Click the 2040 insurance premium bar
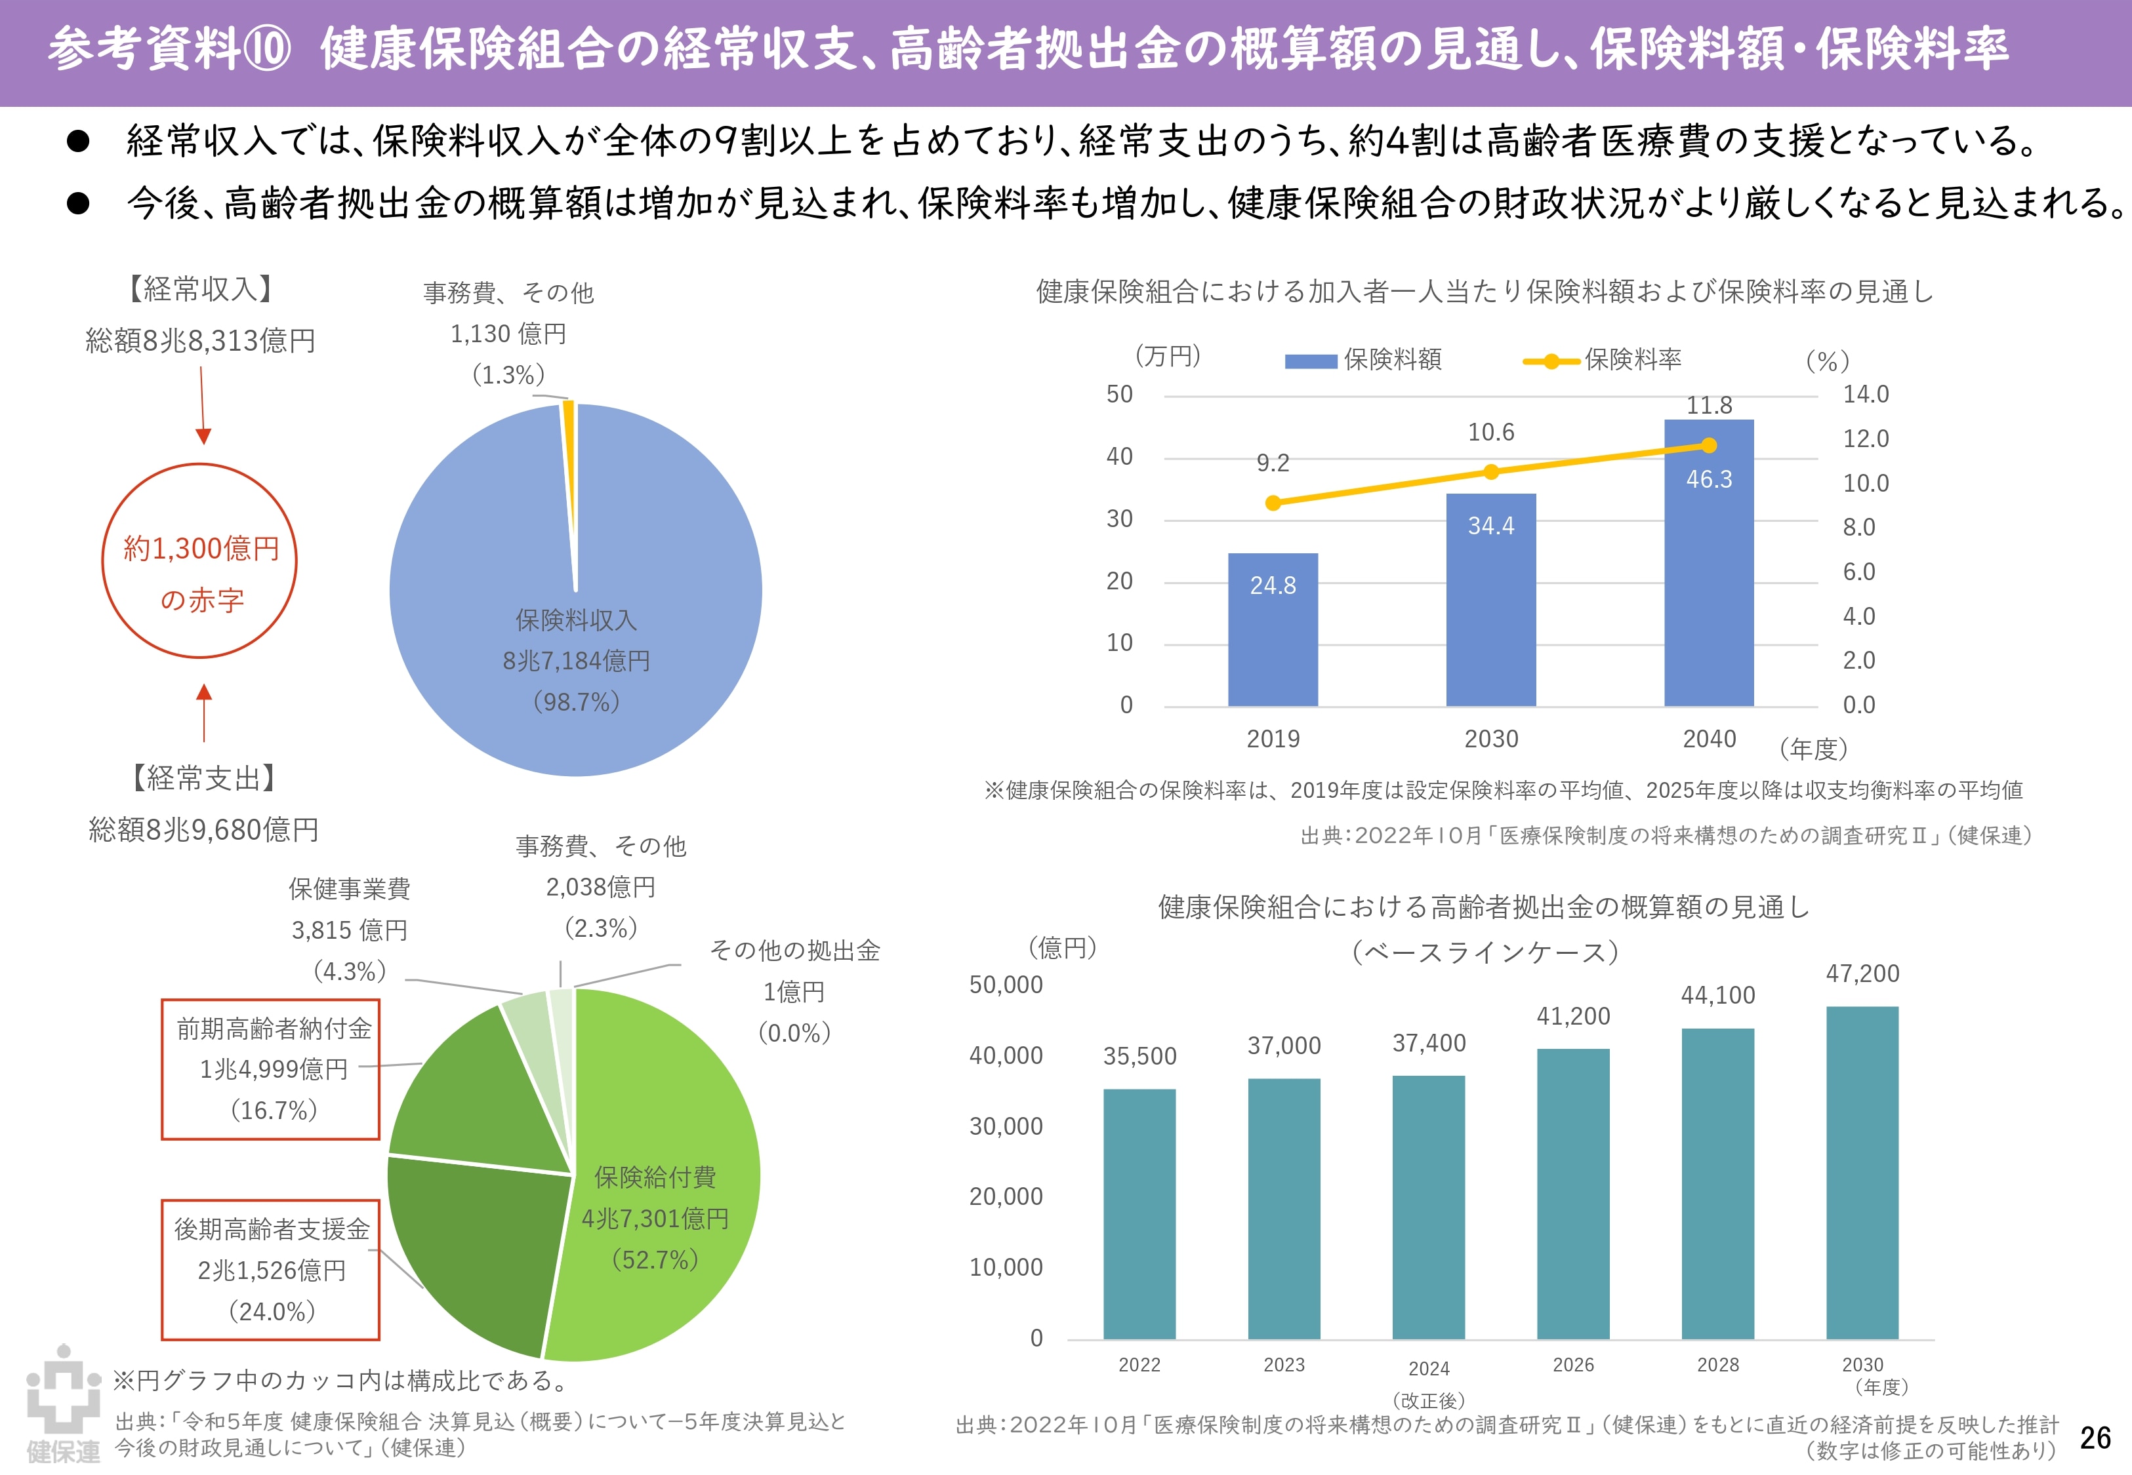tap(1709, 563)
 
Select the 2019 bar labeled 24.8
tap(1272, 629)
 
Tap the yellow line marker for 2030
tap(1490, 472)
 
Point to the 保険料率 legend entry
tap(1602, 359)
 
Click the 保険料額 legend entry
tap(1363, 359)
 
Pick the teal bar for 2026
tap(1572, 1193)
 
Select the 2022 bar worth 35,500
tap(1139, 1213)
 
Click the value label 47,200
tap(1862, 973)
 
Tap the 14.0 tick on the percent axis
tap(1866, 395)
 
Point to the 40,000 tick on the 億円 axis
tap(1006, 1055)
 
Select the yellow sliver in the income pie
tap(569, 481)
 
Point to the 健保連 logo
tap(63, 1403)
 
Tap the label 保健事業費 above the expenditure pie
tap(350, 889)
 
